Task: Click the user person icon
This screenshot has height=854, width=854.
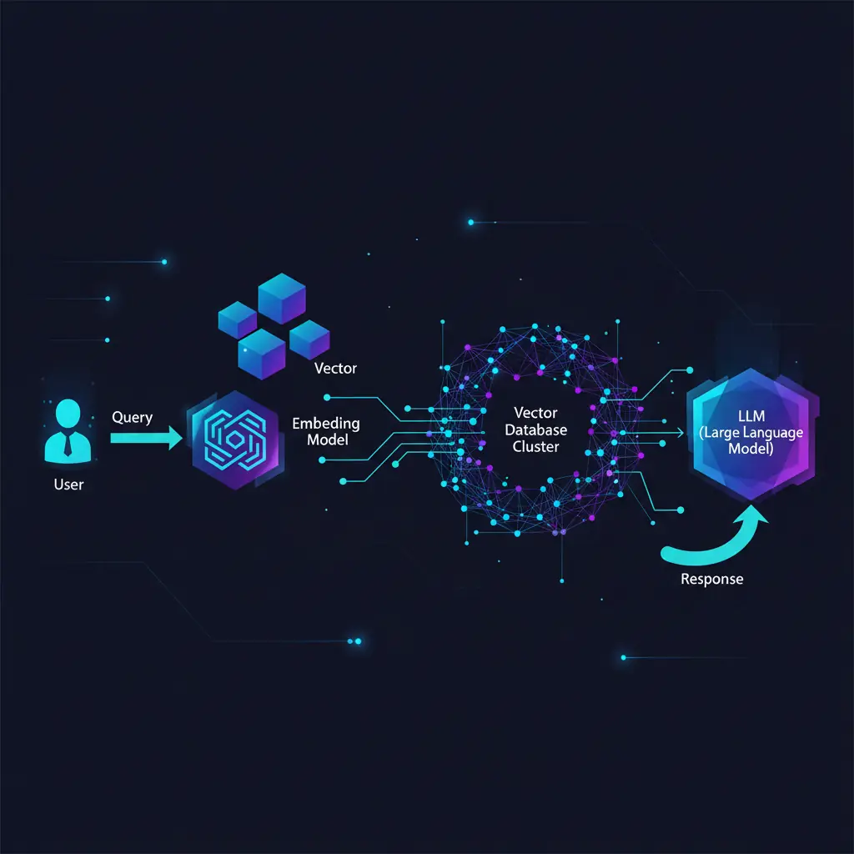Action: click(x=68, y=431)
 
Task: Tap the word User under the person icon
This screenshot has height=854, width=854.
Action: click(x=68, y=485)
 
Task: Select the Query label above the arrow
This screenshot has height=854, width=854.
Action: click(x=132, y=418)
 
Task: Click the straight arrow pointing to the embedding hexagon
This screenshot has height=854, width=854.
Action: click(x=146, y=438)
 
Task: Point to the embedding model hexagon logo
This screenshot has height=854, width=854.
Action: click(x=235, y=440)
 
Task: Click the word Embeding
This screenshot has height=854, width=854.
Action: click(x=326, y=424)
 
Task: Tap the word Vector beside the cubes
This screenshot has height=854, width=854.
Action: click(x=335, y=369)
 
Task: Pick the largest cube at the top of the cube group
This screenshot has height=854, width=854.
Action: click(x=282, y=298)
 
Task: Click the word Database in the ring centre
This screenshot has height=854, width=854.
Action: click(x=536, y=430)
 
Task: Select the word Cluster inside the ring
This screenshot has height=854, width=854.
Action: click(x=536, y=447)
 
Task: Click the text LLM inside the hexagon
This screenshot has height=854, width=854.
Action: click(x=751, y=416)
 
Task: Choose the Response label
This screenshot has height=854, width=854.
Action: click(x=712, y=579)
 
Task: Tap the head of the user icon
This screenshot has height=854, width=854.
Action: click(x=68, y=412)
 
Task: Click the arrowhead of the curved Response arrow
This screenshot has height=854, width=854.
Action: click(x=752, y=515)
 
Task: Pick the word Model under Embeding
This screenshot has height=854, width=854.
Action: click(x=327, y=440)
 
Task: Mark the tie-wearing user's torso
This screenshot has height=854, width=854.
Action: click(x=68, y=447)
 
